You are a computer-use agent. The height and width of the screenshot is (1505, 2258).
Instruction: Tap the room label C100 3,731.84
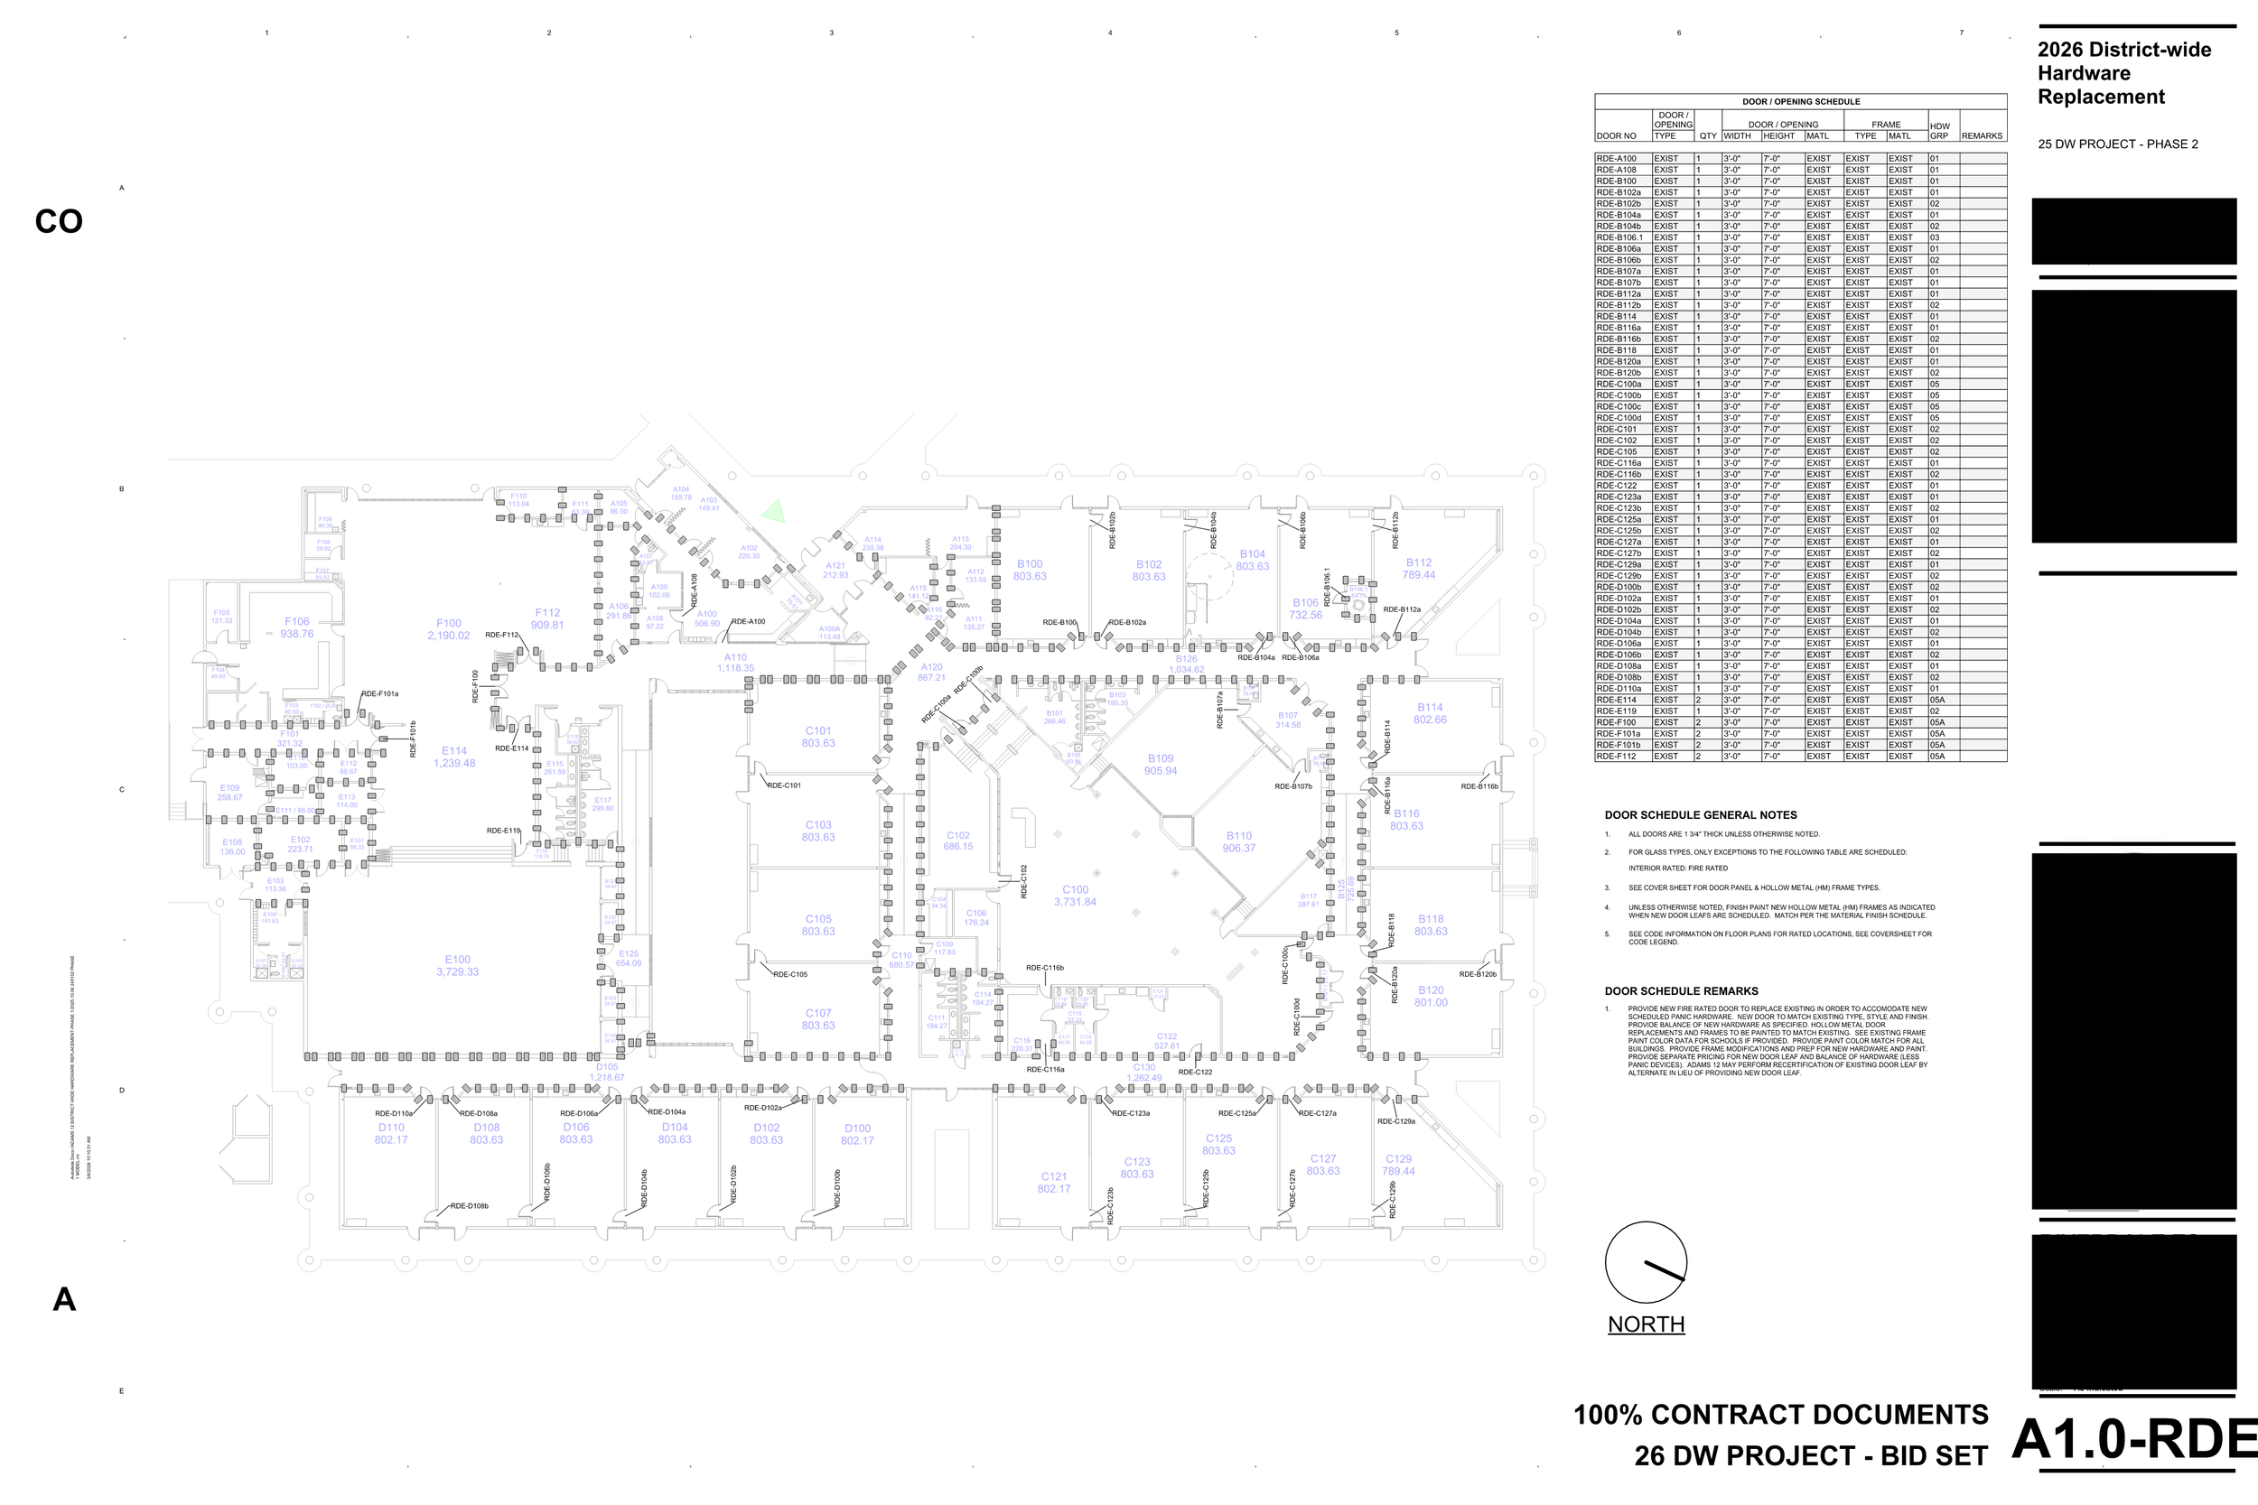(x=1074, y=896)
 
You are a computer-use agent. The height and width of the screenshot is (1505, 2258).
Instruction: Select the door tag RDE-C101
(x=783, y=785)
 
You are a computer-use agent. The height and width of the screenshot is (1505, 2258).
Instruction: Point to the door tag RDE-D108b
(x=470, y=1205)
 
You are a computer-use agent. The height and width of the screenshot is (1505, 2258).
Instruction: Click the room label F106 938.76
(x=296, y=627)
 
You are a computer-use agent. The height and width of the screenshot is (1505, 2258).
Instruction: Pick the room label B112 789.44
(x=1418, y=569)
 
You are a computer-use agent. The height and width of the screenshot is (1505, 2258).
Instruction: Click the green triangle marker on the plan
(x=774, y=512)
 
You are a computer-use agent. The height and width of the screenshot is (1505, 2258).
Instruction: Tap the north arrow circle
(x=1646, y=1262)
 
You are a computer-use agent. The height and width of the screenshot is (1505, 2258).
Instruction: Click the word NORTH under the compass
(x=1646, y=1324)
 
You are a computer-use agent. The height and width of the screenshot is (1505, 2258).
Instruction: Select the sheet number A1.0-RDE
(x=2133, y=1439)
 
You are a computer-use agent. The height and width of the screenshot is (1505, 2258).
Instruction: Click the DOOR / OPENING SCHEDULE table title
(x=1800, y=102)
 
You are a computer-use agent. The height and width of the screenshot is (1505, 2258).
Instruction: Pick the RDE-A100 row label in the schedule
(x=1617, y=158)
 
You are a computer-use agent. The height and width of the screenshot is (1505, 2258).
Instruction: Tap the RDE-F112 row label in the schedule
(x=1617, y=757)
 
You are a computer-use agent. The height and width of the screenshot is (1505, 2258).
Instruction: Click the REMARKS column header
(x=1982, y=135)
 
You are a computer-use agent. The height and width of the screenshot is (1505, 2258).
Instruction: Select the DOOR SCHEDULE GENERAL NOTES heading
(x=1700, y=815)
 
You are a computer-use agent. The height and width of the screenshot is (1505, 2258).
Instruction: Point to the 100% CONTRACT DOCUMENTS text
(x=1780, y=1415)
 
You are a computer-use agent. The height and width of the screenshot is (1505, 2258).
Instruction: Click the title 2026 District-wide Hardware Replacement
(x=2123, y=73)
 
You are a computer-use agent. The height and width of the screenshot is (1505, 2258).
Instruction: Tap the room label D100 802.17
(x=856, y=1135)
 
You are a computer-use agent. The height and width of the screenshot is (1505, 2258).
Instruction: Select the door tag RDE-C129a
(x=1395, y=1121)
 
